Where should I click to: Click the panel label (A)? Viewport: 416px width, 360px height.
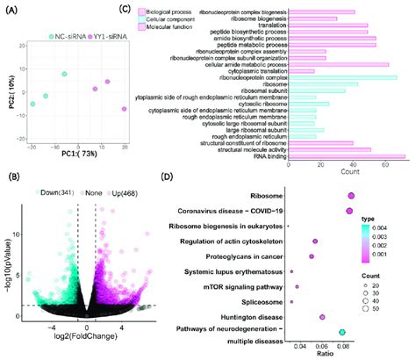pyautogui.click(x=12, y=11)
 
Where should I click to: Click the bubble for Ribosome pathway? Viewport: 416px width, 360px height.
pyautogui.click(x=351, y=196)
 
